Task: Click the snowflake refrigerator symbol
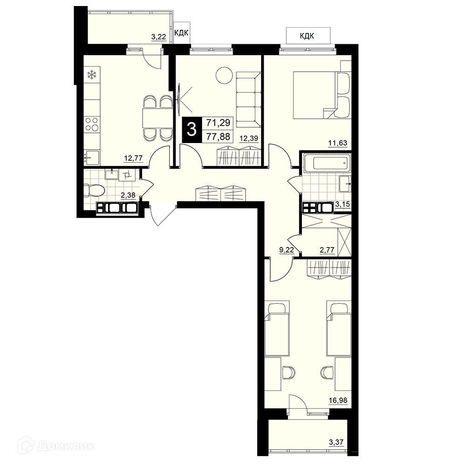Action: coord(92,75)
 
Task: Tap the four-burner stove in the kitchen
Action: coord(92,124)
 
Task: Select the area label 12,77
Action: coord(133,158)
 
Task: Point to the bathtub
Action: coord(327,163)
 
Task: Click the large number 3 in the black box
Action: coord(192,130)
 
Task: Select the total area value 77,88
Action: coord(218,137)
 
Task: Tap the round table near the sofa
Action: coord(224,75)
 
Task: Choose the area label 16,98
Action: coord(338,400)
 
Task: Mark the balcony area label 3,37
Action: coord(336,442)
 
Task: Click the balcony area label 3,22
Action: coord(159,37)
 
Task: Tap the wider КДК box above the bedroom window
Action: coord(308,36)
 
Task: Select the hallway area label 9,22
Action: coord(287,250)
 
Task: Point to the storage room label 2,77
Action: coord(327,250)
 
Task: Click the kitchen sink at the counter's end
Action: coord(92,157)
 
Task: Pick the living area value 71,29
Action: coord(218,123)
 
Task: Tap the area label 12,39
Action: coord(249,138)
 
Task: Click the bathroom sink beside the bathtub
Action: coord(345,183)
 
